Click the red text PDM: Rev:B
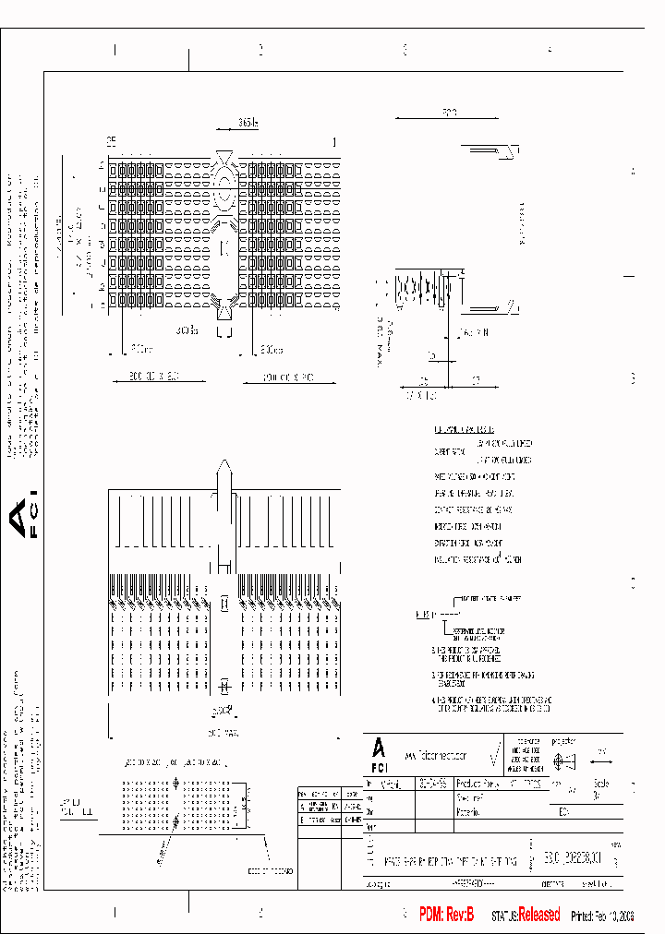point(446,915)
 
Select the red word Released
point(539,915)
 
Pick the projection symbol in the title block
point(562,762)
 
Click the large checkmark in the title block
point(495,756)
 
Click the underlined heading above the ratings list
point(464,430)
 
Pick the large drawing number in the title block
point(574,859)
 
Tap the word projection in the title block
point(563,741)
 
